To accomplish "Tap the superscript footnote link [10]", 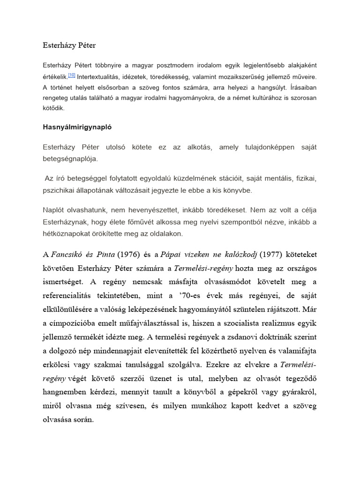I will click(x=71, y=75).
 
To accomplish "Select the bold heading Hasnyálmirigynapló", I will click(x=77, y=127).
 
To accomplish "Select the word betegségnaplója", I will click(x=70, y=159).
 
